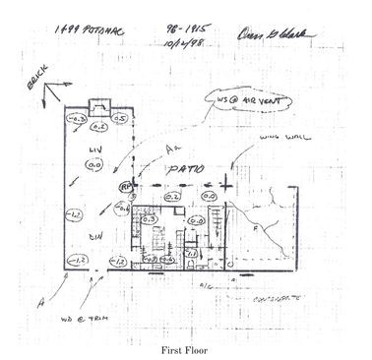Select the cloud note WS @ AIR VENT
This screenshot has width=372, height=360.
[x=240, y=101]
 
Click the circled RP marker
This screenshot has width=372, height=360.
[x=126, y=185]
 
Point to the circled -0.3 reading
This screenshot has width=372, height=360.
[x=74, y=120]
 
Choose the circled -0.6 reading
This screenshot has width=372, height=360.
[x=121, y=208]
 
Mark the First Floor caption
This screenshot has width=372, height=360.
[x=186, y=348]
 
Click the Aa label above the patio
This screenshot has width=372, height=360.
[x=172, y=147]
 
